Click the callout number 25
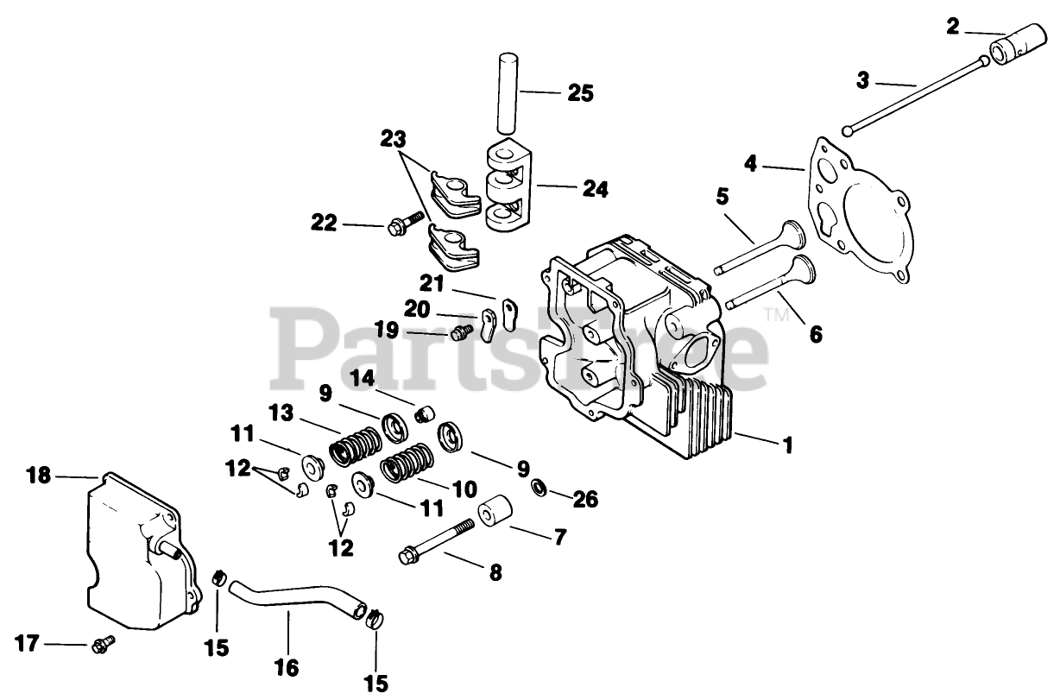tap(580, 92)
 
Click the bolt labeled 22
tap(405, 226)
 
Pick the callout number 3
tap(863, 82)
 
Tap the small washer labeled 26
tap(537, 489)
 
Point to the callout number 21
tap(431, 282)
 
